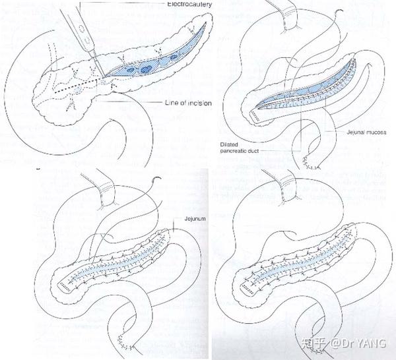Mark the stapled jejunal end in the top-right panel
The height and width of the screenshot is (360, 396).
click(258, 115)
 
